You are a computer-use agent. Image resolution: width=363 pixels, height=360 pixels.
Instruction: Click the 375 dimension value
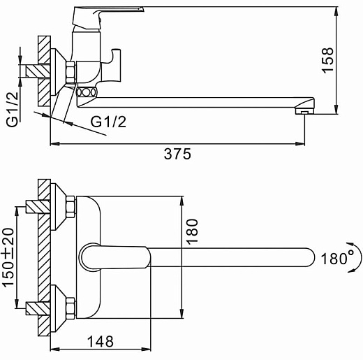pyautogui.click(x=177, y=154)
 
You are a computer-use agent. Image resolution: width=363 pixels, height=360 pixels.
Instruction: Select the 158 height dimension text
pyautogui.click(x=327, y=60)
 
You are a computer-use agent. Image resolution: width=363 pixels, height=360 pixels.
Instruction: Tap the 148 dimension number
pyautogui.click(x=101, y=342)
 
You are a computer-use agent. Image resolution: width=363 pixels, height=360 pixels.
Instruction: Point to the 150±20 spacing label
pyautogui.click(x=8, y=258)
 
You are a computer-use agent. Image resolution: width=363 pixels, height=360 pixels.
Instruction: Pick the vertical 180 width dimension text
pyautogui.click(x=192, y=232)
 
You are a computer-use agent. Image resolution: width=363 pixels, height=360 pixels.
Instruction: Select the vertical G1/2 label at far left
pyautogui.click(x=12, y=110)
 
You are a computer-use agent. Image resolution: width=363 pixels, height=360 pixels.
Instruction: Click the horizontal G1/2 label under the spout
pyautogui.click(x=108, y=122)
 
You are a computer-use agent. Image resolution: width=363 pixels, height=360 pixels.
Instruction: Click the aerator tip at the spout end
pyautogui.click(x=304, y=111)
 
